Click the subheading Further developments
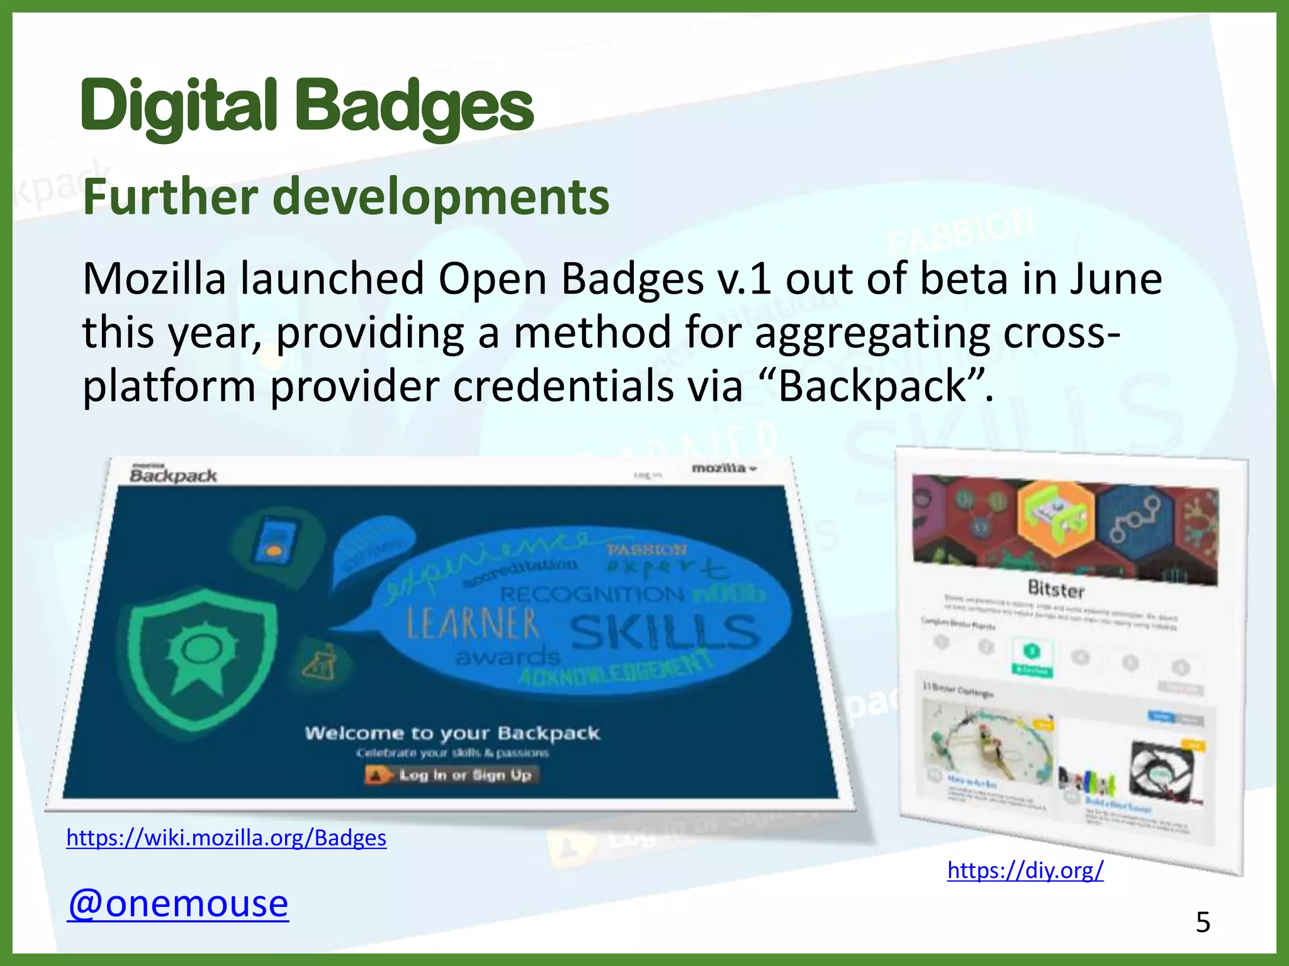point(346,197)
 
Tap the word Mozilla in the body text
point(154,279)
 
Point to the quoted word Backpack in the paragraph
point(872,386)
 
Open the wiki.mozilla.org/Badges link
point(227,838)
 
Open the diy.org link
point(1025,870)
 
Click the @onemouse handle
point(178,903)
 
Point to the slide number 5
point(1203,923)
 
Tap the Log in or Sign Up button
point(452,775)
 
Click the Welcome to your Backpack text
point(452,733)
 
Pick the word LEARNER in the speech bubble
point(473,625)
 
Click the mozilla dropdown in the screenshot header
point(724,468)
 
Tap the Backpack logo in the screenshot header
point(173,475)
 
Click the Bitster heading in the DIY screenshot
point(1055,589)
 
